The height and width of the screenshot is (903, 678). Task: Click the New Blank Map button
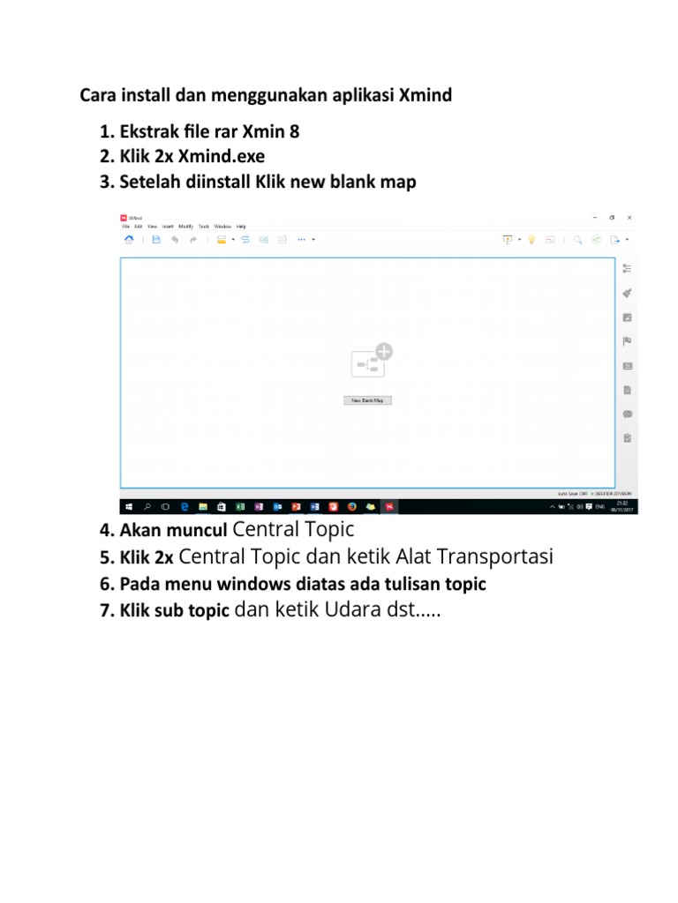point(367,400)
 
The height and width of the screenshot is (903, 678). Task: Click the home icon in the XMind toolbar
point(129,239)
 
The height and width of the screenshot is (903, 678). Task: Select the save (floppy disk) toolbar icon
point(155,239)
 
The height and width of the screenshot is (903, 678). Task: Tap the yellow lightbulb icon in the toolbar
point(531,239)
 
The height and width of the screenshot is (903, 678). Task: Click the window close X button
point(629,217)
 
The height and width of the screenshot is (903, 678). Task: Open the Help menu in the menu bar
point(241,227)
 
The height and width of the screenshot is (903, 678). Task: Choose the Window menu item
point(222,227)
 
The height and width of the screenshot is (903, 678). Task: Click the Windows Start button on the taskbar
point(129,507)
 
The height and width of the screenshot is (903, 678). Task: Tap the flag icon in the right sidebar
point(628,341)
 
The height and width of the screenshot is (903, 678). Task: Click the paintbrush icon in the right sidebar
point(628,293)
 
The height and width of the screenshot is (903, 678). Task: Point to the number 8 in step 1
point(294,132)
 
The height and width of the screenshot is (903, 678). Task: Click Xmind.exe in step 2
point(222,157)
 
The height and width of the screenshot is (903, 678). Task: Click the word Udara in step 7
point(347,610)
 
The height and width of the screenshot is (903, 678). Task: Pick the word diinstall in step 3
point(218,183)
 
